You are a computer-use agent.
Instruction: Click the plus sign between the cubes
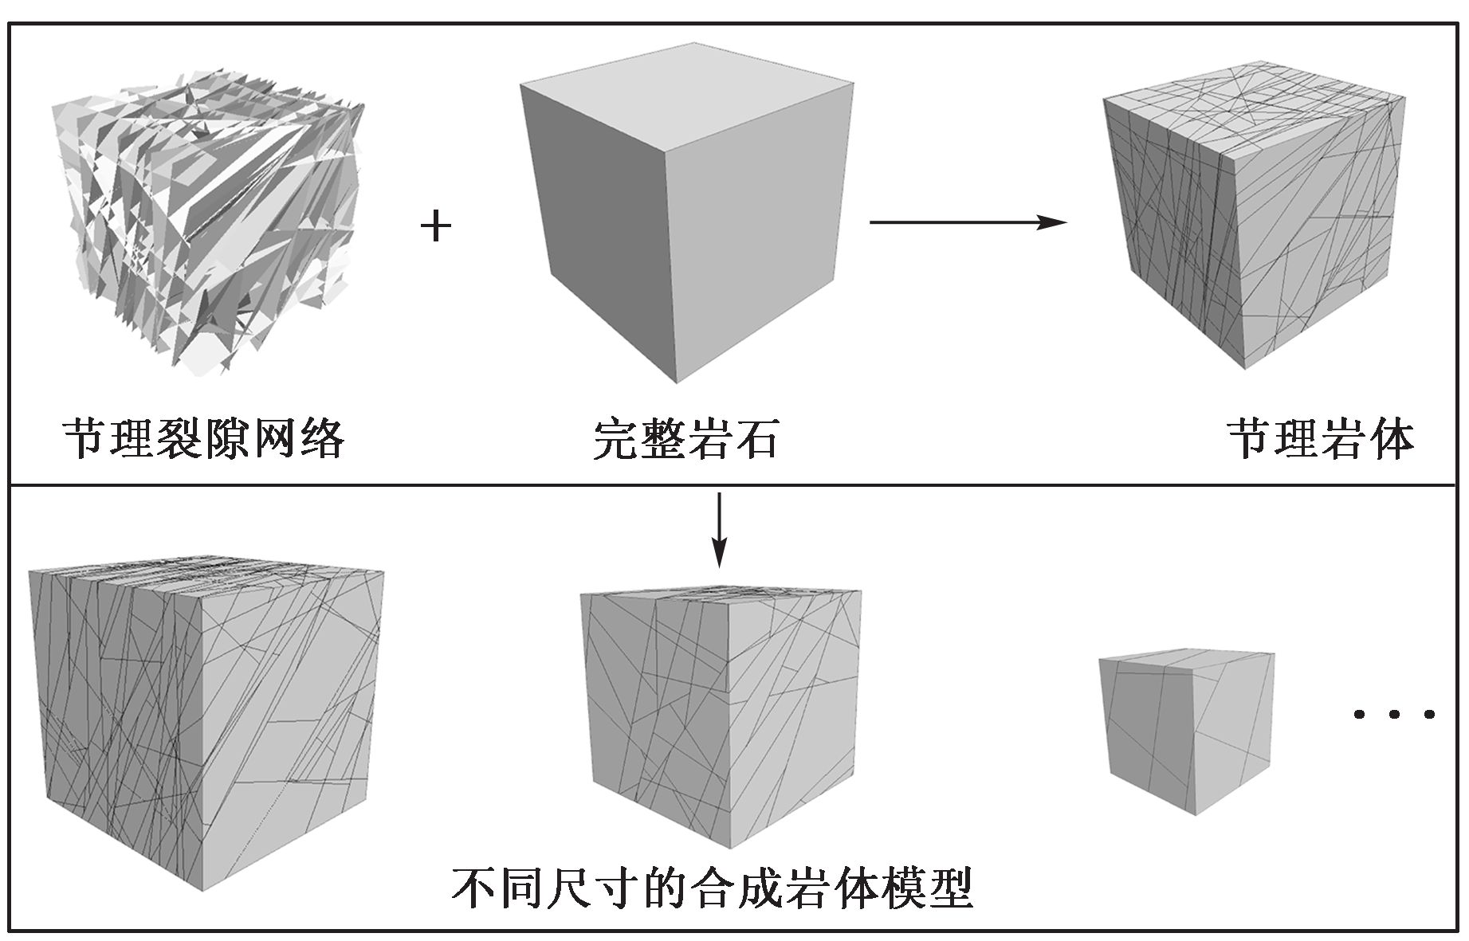436,228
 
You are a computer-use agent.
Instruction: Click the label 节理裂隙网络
204,439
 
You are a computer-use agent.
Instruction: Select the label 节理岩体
1321,439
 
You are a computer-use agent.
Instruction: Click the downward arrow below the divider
719,530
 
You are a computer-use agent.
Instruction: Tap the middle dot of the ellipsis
1394,715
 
